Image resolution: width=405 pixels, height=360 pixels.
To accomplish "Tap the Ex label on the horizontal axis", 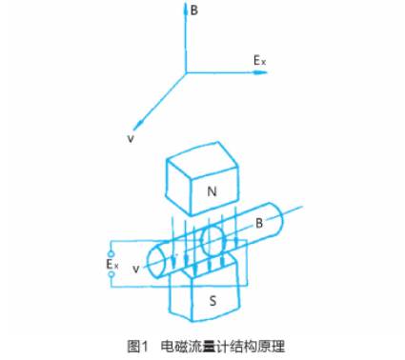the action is tap(259, 60).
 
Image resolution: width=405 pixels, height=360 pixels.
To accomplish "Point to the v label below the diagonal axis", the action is tap(129, 139).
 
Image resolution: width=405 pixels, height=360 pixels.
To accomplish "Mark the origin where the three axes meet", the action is tap(185, 71).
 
